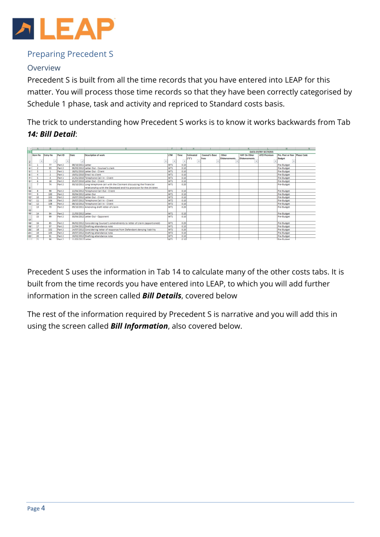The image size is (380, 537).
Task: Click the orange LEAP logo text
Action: [x=77, y=29]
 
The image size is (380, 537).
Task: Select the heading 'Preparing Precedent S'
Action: [x=70, y=54]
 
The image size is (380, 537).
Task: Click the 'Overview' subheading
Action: [x=44, y=68]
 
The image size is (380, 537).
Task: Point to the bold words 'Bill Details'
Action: [x=161, y=296]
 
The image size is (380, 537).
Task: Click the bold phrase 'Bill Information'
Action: [x=139, y=326]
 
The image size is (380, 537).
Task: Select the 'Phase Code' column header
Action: [x=302, y=155]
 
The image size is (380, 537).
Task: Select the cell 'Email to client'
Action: [x=93, y=175]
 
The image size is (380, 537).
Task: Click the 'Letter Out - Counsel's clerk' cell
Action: [x=99, y=168]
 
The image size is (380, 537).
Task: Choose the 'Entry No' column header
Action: [x=48, y=155]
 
